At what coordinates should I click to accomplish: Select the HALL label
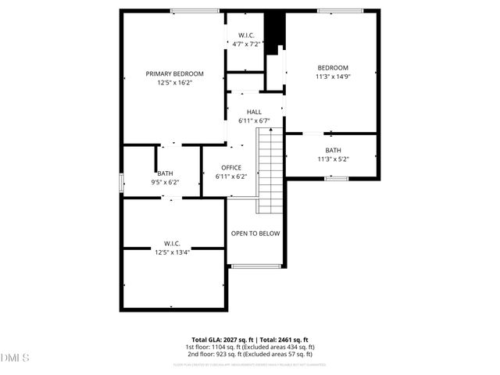tap(254, 112)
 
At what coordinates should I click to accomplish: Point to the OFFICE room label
tap(231, 168)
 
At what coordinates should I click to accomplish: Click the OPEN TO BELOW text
tap(255, 234)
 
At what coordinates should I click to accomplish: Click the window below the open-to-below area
tap(256, 266)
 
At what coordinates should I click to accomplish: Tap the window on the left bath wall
tap(120, 182)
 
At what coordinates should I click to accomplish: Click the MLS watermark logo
tap(15, 359)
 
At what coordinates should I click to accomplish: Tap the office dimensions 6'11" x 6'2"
tap(231, 177)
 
